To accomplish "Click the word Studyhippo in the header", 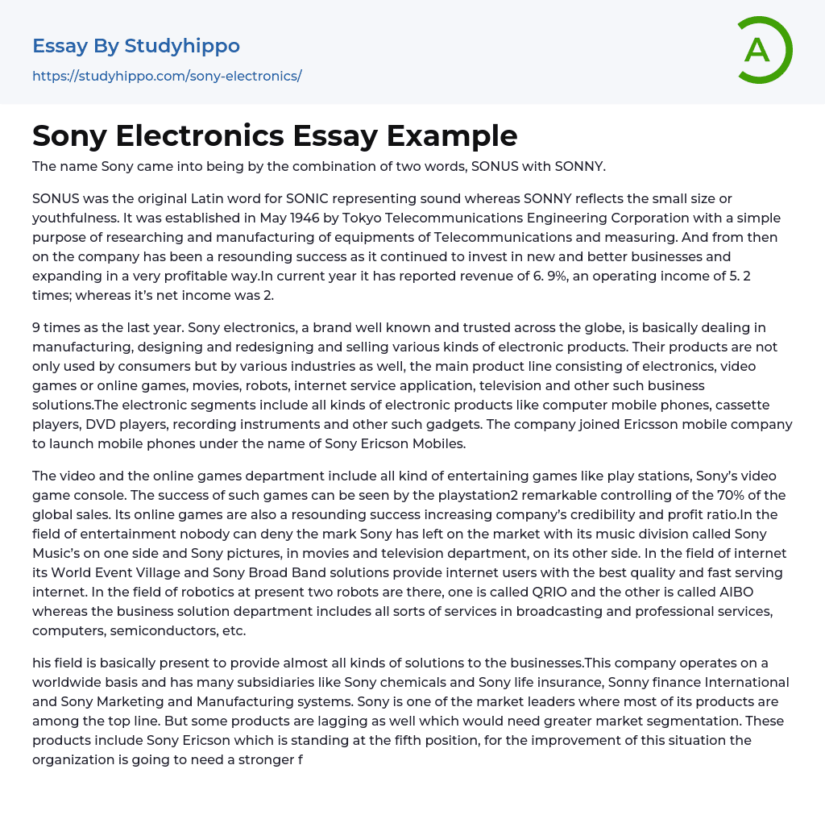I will [x=182, y=46].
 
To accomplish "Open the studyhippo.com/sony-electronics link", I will [x=167, y=77].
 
